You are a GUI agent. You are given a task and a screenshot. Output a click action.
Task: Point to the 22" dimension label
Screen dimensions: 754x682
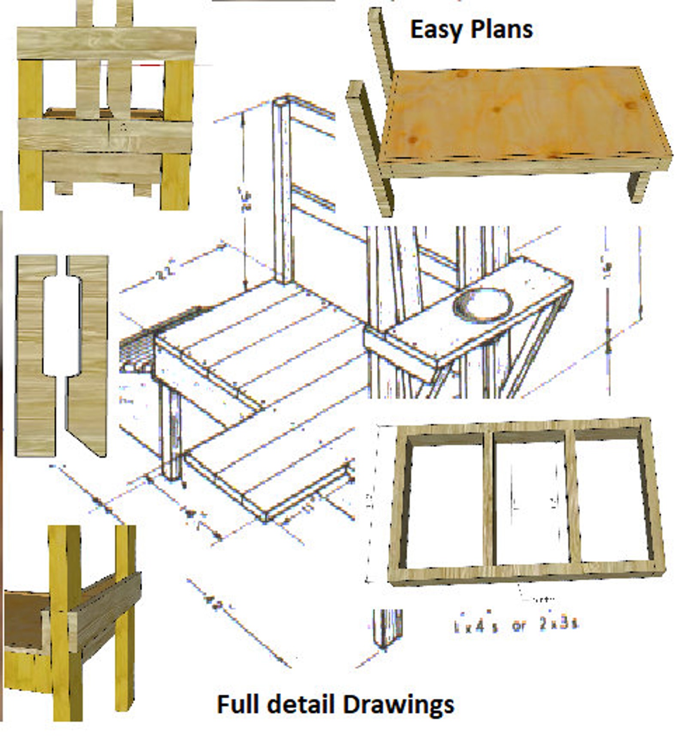165,274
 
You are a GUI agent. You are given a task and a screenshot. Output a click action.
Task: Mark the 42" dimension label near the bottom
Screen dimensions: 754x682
213,604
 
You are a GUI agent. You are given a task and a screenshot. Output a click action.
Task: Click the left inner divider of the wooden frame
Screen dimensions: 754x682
489,498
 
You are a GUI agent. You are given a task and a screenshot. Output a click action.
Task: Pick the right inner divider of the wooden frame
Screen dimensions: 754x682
572,498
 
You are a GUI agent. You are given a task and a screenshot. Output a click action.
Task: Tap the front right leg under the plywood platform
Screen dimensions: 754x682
638,187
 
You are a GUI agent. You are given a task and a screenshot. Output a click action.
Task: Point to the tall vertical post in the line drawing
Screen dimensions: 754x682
282,189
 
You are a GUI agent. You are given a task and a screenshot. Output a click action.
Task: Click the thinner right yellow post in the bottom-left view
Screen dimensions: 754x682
125,623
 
